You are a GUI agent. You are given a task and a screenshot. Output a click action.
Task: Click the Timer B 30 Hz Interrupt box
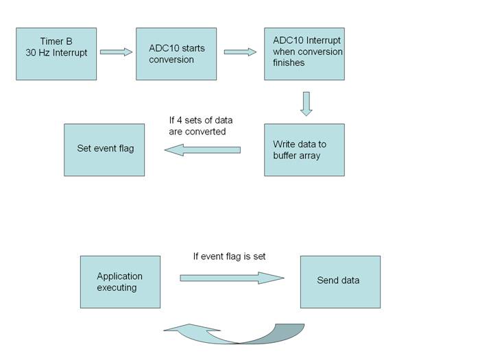[x=56, y=54]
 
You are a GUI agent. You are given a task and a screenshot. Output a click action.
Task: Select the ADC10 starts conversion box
[x=176, y=54]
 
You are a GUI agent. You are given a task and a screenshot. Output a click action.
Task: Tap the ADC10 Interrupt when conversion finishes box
[x=304, y=54]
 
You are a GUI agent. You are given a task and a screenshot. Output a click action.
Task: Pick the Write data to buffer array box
[x=304, y=149]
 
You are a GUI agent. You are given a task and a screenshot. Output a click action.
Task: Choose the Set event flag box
[x=104, y=149]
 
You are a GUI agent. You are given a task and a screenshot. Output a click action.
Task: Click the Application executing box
[x=120, y=282]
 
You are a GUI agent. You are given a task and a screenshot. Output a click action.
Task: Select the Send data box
[x=340, y=282]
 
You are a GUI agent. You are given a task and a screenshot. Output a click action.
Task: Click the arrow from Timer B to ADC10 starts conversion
[x=116, y=51]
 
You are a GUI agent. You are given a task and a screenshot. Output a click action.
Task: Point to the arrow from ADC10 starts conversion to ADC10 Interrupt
[x=240, y=51]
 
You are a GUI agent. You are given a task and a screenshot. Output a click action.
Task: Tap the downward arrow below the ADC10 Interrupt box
[x=306, y=104]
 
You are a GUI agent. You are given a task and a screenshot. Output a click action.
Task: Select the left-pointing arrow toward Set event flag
[x=202, y=149]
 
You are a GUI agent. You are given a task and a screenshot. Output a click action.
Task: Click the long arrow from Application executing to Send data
[x=232, y=278]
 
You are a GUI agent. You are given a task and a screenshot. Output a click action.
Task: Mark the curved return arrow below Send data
[x=233, y=334]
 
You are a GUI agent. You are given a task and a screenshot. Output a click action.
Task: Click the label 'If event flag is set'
[x=229, y=256]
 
